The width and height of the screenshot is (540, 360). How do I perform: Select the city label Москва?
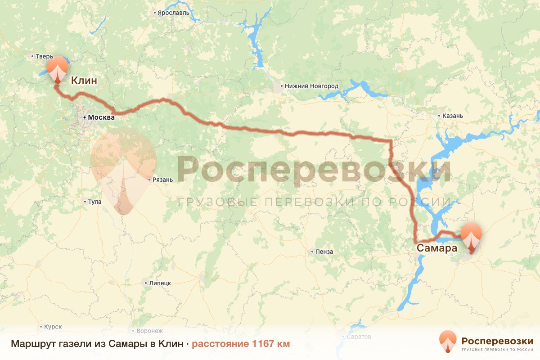(101, 117)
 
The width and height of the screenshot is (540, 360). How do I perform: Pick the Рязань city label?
(163, 180)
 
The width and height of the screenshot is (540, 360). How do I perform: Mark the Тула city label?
(94, 202)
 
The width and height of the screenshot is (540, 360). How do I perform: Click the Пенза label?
(324, 252)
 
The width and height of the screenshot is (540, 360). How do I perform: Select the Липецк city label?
(160, 283)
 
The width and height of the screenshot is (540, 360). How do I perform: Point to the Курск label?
(53, 327)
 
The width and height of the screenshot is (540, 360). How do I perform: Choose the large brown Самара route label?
(434, 248)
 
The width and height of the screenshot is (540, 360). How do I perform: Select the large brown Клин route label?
(84, 81)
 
